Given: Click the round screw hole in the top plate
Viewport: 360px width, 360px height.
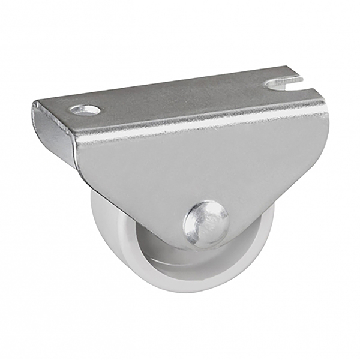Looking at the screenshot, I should click(x=85, y=110).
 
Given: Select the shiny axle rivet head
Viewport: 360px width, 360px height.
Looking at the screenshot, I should click(x=206, y=221).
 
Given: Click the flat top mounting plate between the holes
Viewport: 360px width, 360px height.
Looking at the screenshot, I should click(x=180, y=96).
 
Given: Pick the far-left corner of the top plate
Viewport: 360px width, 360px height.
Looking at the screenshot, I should click(x=35, y=104).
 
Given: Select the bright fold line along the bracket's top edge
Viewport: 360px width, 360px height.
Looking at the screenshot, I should click(x=198, y=120).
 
